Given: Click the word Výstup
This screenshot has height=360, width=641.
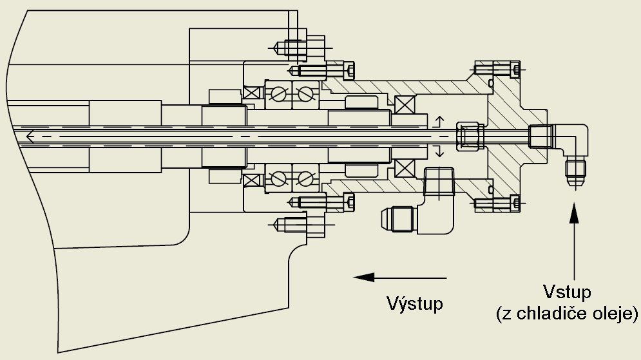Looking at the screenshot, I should (x=414, y=303).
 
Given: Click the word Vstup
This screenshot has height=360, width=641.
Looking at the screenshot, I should (x=566, y=294).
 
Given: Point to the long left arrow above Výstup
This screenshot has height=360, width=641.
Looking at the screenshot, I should (x=400, y=277).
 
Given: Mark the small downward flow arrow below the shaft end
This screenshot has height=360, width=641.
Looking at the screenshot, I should (x=440, y=152).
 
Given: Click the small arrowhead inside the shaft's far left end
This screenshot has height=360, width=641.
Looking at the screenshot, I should (x=30, y=135).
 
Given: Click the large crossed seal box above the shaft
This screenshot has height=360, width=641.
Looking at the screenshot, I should (x=405, y=104).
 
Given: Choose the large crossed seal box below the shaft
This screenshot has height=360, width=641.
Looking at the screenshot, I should (x=405, y=168).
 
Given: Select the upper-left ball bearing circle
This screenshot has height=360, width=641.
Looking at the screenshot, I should (x=278, y=94).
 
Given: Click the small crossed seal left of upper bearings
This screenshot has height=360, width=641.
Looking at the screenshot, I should (x=251, y=93).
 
